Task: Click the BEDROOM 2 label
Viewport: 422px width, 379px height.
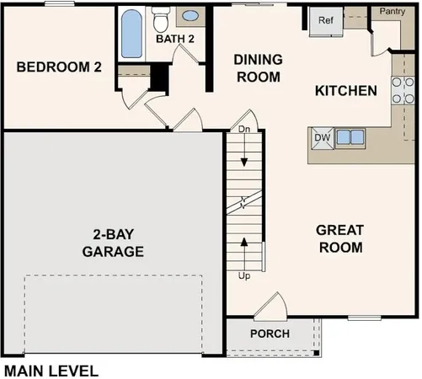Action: (59, 67)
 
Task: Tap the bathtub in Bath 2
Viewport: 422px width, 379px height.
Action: (131, 35)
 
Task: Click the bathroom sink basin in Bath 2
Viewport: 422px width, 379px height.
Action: (191, 16)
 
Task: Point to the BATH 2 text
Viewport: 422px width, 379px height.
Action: (175, 38)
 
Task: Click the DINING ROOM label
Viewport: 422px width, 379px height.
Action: (257, 67)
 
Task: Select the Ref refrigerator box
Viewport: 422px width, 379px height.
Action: (324, 21)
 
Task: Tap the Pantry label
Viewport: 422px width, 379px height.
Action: (393, 11)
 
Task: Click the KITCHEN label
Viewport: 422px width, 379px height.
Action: (345, 90)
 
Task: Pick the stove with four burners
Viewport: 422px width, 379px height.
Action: (402, 90)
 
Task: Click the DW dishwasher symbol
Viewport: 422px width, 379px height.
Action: (322, 136)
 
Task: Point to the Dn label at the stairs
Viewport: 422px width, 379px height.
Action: (244, 130)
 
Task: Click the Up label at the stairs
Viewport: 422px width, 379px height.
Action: (244, 275)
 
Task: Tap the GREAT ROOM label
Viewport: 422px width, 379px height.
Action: (339, 238)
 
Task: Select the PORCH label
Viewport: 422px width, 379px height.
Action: (270, 334)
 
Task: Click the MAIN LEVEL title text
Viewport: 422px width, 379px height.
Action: (51, 369)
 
